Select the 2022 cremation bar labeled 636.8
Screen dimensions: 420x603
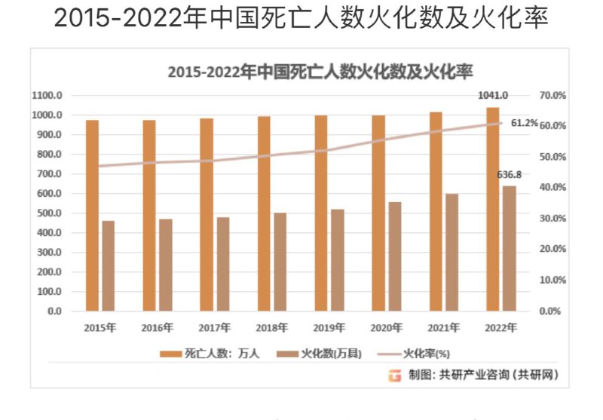(510, 248)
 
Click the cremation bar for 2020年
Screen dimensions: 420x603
(395, 256)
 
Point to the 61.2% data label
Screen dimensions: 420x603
(525, 123)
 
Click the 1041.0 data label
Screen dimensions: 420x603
(494, 96)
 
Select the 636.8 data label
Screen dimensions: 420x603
(510, 175)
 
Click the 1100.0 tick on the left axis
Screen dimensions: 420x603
(47, 96)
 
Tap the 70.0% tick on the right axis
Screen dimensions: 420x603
(553, 96)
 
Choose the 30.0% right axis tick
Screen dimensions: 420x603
(553, 219)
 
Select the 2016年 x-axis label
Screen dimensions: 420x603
(158, 328)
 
